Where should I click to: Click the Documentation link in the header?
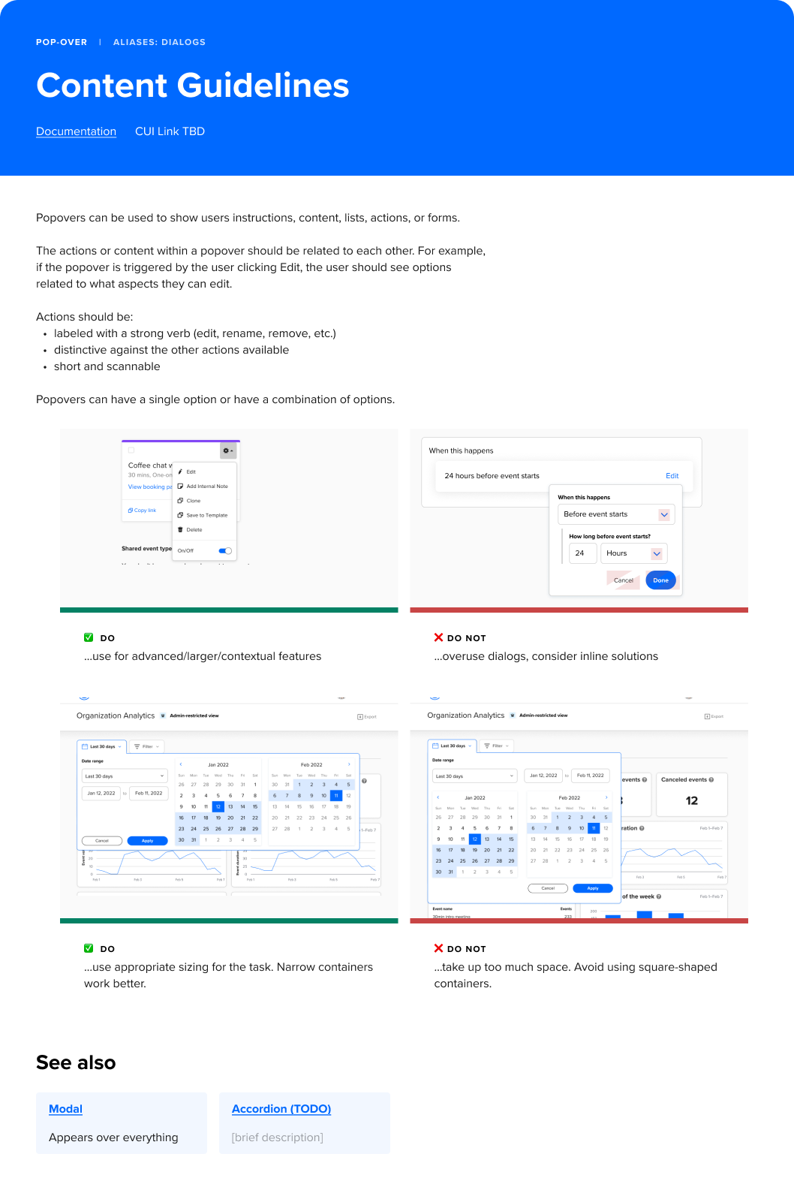pyautogui.click(x=76, y=131)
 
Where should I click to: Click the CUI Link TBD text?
pyautogui.click(x=170, y=131)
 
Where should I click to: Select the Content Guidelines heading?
pyautogui.click(x=193, y=86)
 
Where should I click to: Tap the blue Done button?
pyautogui.click(x=660, y=580)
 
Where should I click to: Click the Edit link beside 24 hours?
pyautogui.click(x=672, y=476)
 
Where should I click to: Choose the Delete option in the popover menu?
pyautogui.click(x=194, y=530)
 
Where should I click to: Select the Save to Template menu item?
pyautogui.click(x=206, y=515)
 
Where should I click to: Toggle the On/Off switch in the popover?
pyautogui.click(x=225, y=551)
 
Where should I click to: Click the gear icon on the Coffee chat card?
pyautogui.click(x=227, y=451)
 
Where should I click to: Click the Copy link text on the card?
pyautogui.click(x=144, y=511)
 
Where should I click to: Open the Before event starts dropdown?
pyautogui.click(x=616, y=514)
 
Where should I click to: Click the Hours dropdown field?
pyautogui.click(x=633, y=553)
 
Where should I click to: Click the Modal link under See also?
pyautogui.click(x=65, y=1109)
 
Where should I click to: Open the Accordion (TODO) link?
pyautogui.click(x=281, y=1109)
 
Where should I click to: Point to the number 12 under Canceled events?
pyautogui.click(x=692, y=801)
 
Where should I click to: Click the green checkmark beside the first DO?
pyautogui.click(x=89, y=637)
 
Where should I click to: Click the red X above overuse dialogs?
pyautogui.click(x=438, y=637)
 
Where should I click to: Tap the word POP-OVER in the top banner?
pyautogui.click(x=62, y=42)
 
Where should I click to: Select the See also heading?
pyautogui.click(x=76, y=1062)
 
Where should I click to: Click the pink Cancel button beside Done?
pyautogui.click(x=623, y=580)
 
